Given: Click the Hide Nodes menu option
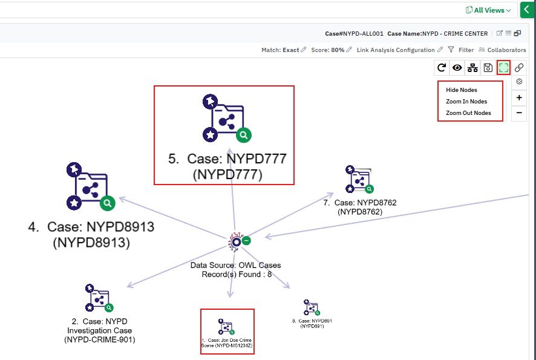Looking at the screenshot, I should (462, 90).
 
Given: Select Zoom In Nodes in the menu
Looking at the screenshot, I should (466, 102).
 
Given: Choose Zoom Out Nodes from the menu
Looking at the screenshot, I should (468, 113).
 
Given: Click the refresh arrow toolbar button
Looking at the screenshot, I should (442, 68).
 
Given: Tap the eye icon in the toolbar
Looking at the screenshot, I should (457, 68).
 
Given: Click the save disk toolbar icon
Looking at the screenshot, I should (488, 68).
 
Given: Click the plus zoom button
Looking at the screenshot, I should (519, 97).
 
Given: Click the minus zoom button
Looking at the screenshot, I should (519, 113).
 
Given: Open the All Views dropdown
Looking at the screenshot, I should (488, 10).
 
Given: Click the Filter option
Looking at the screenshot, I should (461, 50).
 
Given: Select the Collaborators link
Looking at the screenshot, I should (502, 50).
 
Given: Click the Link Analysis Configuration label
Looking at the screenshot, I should (396, 50).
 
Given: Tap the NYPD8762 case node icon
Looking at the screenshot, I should (360, 180).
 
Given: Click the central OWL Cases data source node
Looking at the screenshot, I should (235, 241).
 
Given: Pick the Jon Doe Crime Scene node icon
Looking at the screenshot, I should (227, 326).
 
